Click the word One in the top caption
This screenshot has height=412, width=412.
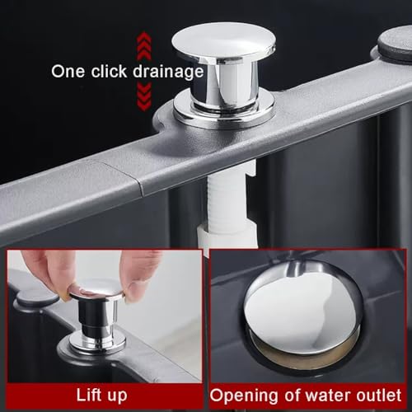pos(68,72)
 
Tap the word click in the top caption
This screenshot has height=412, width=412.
pos(109,71)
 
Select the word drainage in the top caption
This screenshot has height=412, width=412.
pos(168,73)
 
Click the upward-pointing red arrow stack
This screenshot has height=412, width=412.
pos(144,45)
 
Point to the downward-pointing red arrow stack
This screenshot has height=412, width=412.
pos(144,96)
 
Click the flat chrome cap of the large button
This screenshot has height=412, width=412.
pos(223,41)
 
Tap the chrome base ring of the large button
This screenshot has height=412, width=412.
pos(224,109)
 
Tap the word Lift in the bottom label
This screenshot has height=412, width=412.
pos(89,395)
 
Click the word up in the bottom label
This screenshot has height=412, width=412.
pos(117,396)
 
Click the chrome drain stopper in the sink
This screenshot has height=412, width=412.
pos(302,313)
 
